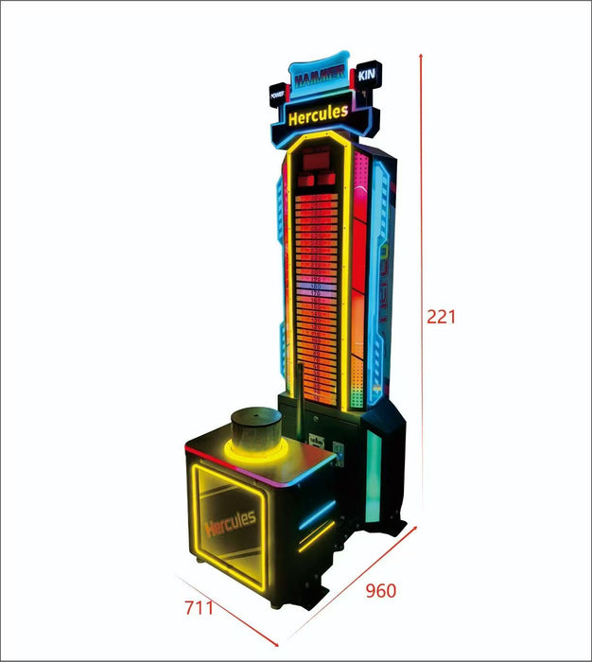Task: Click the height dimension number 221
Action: click(441, 318)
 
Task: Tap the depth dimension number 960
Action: click(380, 591)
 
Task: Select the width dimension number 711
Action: click(199, 607)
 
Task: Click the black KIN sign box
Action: click(366, 75)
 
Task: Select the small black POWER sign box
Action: click(277, 94)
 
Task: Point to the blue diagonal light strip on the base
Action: click(317, 516)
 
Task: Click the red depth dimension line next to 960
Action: click(355, 583)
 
